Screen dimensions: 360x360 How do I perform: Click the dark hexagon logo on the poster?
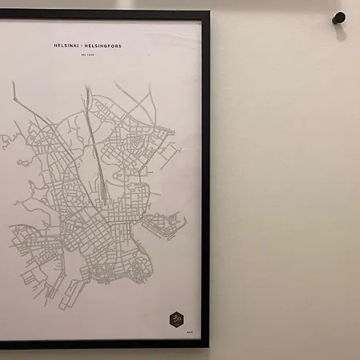(x=176, y=319)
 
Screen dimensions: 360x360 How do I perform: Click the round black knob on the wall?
(x=338, y=17)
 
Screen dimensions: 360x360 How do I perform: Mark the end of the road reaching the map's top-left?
(x=14, y=82)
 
